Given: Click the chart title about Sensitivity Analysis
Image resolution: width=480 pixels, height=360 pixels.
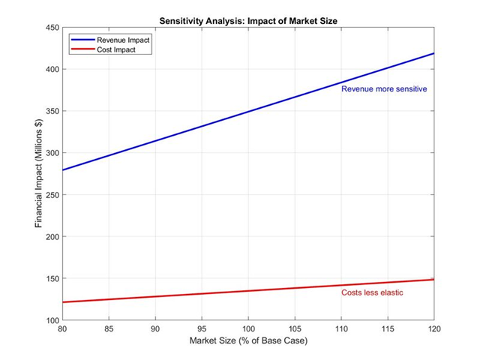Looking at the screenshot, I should [x=247, y=20].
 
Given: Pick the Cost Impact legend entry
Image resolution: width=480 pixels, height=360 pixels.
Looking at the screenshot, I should [x=104, y=48].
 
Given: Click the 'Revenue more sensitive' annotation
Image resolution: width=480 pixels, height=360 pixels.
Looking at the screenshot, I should [x=384, y=89].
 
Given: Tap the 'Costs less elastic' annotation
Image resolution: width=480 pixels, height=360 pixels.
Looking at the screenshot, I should [x=372, y=293].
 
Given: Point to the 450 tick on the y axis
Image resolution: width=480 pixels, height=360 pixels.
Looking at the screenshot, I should [x=52, y=28].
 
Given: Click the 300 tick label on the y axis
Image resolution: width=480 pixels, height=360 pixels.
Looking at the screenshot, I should [x=52, y=153].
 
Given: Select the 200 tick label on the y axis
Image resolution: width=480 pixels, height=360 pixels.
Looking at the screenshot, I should [x=52, y=237].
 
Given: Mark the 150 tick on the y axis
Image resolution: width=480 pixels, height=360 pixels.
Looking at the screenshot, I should [x=52, y=279].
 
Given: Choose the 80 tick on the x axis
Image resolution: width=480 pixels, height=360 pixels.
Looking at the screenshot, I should [x=62, y=329].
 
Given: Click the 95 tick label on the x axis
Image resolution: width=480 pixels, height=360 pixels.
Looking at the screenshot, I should [x=202, y=329].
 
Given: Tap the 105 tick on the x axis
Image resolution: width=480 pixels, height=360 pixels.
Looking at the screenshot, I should [x=295, y=329].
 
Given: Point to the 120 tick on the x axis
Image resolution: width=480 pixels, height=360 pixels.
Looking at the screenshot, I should [x=434, y=329].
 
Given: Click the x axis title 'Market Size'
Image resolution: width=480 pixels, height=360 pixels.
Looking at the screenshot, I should [x=247, y=342].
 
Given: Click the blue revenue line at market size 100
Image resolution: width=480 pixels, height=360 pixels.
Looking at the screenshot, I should [x=248, y=112].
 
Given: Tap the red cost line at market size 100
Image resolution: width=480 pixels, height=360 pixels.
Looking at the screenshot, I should [x=248, y=291].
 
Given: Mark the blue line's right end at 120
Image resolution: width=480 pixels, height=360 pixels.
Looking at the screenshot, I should [x=433, y=53].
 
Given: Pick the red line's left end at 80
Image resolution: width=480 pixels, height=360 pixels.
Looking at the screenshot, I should [x=63, y=302].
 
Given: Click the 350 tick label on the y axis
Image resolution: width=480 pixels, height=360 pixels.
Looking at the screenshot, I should [x=52, y=111].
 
